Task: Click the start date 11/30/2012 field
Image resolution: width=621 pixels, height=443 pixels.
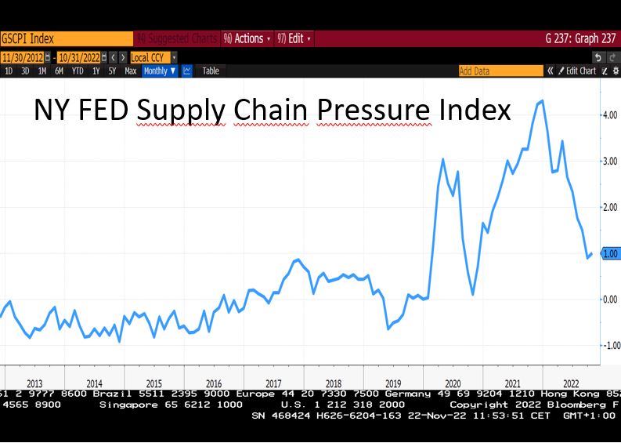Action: [23, 57]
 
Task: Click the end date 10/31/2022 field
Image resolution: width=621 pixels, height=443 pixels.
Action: [81, 57]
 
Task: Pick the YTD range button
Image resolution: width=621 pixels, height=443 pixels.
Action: [78, 71]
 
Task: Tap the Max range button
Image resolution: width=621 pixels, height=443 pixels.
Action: [130, 71]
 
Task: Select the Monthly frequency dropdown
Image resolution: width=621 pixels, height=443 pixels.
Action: [159, 71]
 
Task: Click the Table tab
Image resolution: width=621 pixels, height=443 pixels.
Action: [211, 71]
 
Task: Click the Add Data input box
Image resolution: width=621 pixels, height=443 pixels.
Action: [500, 71]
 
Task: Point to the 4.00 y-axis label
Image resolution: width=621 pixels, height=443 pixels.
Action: [609, 115]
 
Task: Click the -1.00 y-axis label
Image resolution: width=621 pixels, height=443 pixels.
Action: [608, 346]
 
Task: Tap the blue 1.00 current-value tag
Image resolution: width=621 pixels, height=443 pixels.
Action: [609, 253]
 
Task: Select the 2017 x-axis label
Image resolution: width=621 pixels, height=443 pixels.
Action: [273, 383]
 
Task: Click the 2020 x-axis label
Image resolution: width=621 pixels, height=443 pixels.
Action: [453, 383]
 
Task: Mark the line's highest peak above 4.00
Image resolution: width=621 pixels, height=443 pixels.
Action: [542, 100]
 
